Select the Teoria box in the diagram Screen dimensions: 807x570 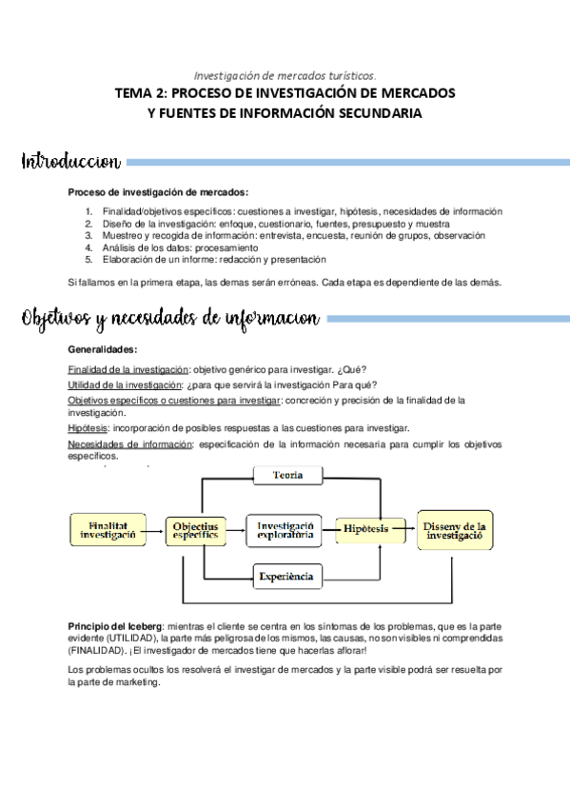pos(287,475)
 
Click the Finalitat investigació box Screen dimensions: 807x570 pos(108,529)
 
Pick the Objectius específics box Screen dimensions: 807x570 pos(196,529)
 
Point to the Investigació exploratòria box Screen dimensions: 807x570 pos(286,529)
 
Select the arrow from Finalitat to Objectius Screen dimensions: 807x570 pos(156,529)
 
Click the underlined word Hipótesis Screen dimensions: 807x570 pos(88,428)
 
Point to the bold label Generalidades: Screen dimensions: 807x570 pos(103,349)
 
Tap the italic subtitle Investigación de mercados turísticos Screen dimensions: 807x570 pos(285,74)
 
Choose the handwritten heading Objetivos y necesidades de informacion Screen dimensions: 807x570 pos(171,318)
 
